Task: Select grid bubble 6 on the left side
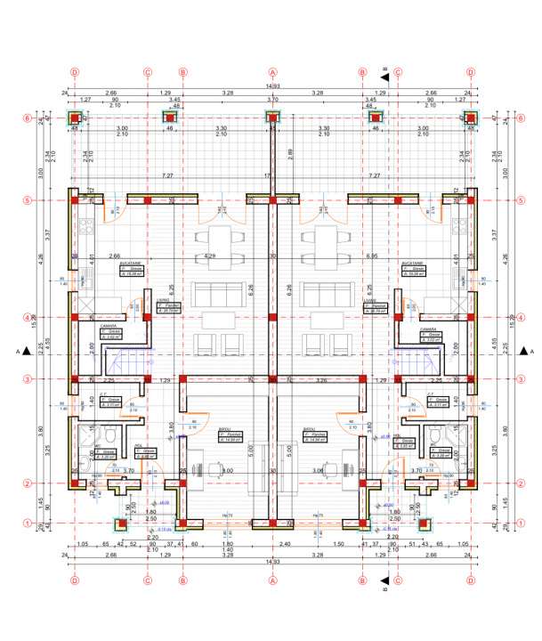(28, 117)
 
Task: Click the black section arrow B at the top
(384, 78)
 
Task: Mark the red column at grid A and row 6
(272, 117)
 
